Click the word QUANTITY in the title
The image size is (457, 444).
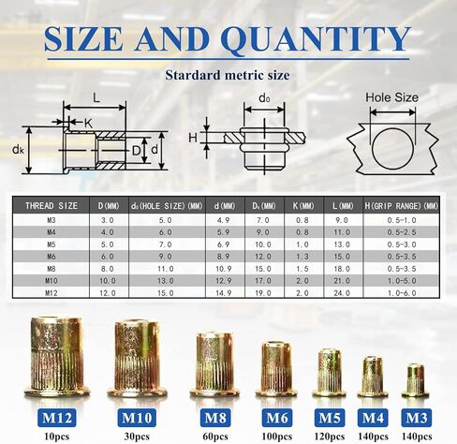[x=316, y=40]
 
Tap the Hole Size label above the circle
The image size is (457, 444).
[x=391, y=97]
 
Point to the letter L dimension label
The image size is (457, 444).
[x=96, y=98]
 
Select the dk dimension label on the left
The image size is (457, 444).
[x=18, y=150]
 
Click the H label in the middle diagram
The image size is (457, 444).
[x=193, y=138]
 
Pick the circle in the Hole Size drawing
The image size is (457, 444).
[x=392, y=149]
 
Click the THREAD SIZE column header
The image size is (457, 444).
[x=52, y=206]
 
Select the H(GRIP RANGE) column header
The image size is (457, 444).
[x=402, y=206]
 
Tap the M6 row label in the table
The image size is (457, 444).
[x=52, y=257]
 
